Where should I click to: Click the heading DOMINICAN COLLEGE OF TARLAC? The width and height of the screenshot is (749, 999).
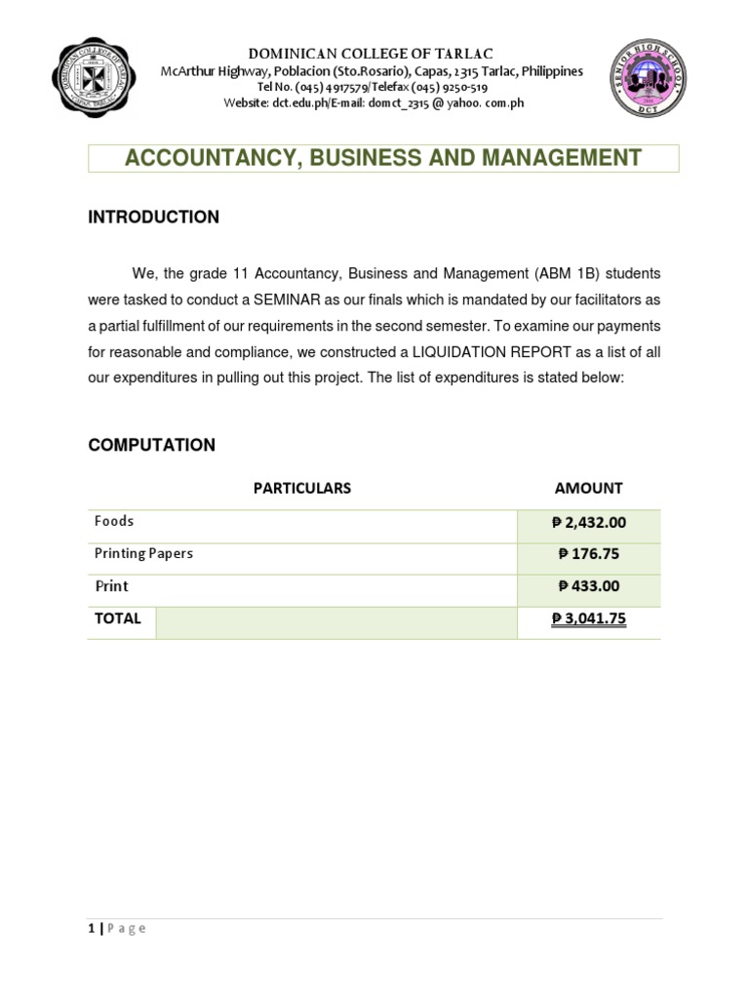373,53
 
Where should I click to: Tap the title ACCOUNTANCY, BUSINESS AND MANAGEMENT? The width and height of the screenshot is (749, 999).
383,158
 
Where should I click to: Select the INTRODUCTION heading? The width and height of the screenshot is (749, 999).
153,218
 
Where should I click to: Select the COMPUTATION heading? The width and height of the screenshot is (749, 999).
151,445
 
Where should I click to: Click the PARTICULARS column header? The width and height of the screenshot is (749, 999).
301,488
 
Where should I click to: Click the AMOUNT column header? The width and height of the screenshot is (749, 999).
588,488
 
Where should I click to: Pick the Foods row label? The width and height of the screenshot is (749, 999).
114,521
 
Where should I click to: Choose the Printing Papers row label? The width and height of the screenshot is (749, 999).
143,553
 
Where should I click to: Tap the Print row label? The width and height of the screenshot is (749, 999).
111,586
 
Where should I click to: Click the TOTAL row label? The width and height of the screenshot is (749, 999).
118,619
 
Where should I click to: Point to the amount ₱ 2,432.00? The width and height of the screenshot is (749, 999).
588,523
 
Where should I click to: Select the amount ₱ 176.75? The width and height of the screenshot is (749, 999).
588,554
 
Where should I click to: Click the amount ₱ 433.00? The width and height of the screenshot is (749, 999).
588,586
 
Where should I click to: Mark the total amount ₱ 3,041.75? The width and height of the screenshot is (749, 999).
588,619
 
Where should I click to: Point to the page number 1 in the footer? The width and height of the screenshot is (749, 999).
92,929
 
